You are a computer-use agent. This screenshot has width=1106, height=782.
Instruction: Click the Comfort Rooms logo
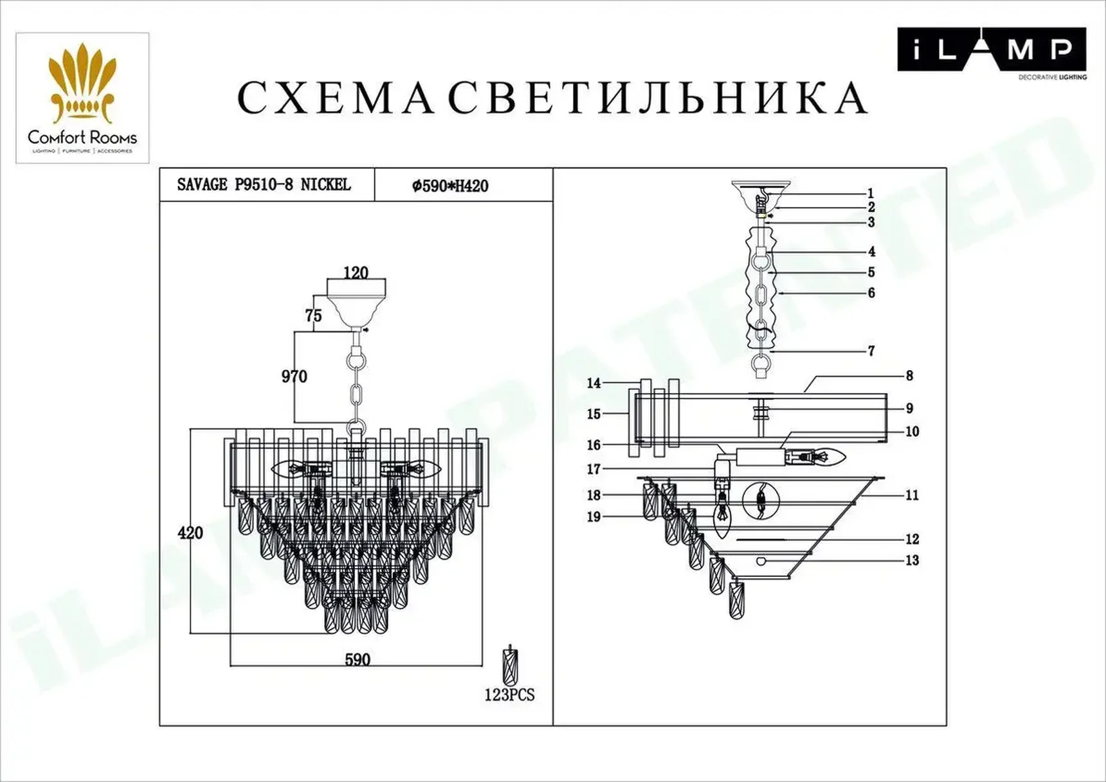(x=82, y=98)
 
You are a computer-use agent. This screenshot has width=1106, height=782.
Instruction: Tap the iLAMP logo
(x=992, y=50)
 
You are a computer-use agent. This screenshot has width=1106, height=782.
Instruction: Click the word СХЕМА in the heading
(x=334, y=98)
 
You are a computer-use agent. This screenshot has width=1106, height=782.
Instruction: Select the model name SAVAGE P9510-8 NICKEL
(x=264, y=185)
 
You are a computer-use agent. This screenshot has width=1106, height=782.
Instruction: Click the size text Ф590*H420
(x=450, y=186)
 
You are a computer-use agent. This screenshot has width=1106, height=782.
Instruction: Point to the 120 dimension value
(x=356, y=272)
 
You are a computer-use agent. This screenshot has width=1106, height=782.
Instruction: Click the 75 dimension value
(x=313, y=315)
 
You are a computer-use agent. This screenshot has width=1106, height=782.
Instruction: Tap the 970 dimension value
(x=294, y=377)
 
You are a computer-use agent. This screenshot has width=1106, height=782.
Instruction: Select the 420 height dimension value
(x=190, y=533)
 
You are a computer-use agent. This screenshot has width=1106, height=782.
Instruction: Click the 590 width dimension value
(x=358, y=660)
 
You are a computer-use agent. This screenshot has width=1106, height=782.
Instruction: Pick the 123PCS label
(x=509, y=695)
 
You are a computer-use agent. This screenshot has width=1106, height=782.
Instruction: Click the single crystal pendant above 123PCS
(x=510, y=666)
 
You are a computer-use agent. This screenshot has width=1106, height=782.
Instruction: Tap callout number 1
(x=871, y=193)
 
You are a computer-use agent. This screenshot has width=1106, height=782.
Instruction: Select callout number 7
(x=871, y=351)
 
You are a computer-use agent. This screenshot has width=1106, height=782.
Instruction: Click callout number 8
(x=909, y=375)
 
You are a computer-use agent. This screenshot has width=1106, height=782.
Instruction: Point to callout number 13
(x=912, y=560)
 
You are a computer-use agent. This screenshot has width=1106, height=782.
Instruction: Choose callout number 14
(x=594, y=384)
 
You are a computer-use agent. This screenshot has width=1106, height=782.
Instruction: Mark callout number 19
(x=594, y=517)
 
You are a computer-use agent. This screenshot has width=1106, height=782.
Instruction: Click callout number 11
(x=912, y=495)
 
